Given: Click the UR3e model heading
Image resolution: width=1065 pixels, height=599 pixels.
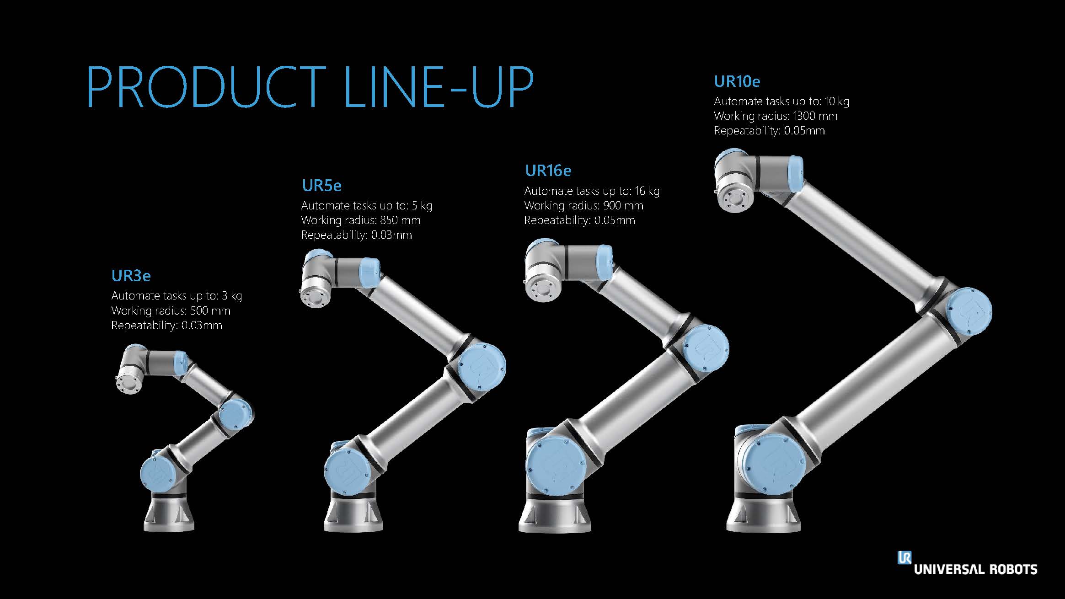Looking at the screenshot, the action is point(131,276).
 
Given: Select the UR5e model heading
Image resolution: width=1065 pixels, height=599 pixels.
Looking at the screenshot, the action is point(321,186).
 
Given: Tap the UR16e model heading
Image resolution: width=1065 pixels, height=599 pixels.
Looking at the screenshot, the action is point(548,171).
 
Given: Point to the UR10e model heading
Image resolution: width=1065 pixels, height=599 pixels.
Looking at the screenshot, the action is point(737,81).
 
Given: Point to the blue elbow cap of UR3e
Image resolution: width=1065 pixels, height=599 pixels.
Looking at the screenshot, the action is point(235,414).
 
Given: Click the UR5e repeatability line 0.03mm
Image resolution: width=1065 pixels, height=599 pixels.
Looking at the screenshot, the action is point(356,235).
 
